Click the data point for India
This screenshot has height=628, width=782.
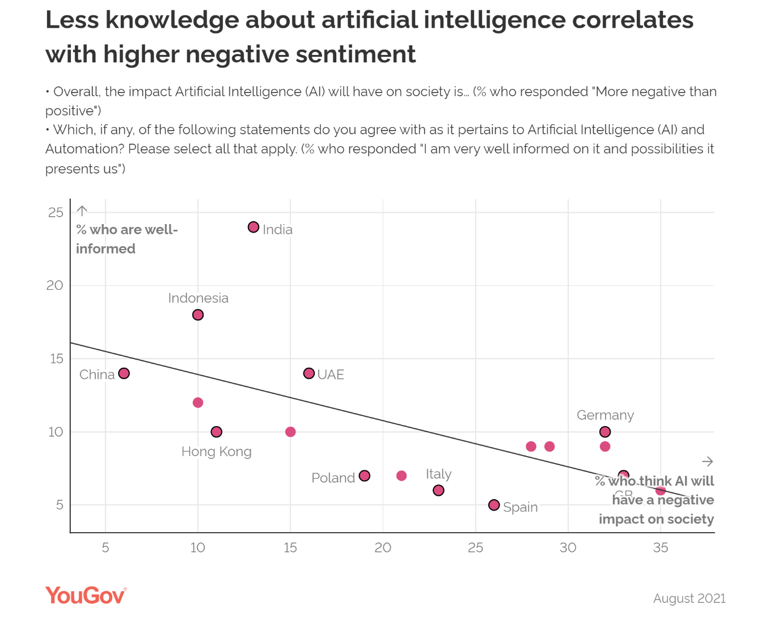(253, 227)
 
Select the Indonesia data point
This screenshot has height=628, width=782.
(198, 315)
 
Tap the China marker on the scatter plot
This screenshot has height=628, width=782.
(124, 373)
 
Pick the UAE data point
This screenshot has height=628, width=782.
(309, 373)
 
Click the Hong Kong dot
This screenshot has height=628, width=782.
(217, 432)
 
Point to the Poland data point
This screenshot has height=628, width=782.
(365, 476)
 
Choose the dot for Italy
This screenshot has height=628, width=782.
(438, 490)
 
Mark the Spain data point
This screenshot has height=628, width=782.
(494, 505)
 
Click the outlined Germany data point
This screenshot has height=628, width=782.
(605, 432)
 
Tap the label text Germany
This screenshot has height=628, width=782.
(605, 415)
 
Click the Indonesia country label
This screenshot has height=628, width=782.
(198, 298)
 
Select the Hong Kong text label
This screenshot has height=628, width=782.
(216, 452)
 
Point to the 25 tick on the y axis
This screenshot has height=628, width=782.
(56, 213)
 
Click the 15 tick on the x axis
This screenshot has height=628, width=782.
(290, 547)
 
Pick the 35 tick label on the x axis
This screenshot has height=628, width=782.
(661, 547)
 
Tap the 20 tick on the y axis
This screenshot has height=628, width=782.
(55, 285)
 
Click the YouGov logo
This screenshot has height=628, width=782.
(86, 595)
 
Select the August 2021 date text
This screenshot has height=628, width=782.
(689, 599)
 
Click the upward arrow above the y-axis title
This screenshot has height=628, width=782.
(82, 211)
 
